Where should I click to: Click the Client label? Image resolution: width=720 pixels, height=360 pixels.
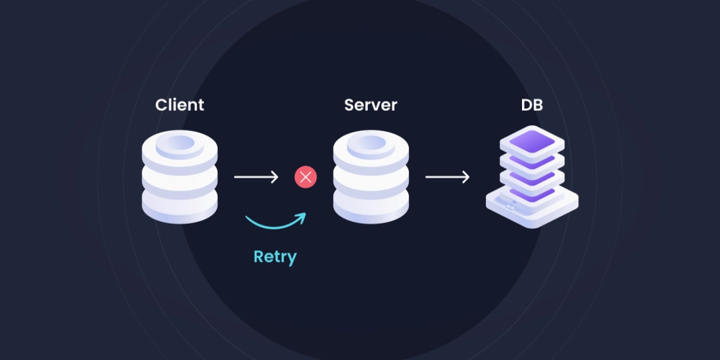(x=179, y=104)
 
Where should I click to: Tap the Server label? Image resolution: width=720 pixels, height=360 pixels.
(x=371, y=104)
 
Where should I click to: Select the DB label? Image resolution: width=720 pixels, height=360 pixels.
(x=532, y=104)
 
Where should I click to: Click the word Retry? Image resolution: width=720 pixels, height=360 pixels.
(x=275, y=257)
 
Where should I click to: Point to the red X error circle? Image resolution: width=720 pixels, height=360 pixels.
(x=305, y=177)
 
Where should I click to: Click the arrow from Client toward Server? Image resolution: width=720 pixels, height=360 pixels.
(x=256, y=177)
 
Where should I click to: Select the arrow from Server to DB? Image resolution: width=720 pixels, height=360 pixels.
(x=447, y=177)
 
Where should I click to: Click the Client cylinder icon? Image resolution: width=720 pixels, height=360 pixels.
(x=179, y=177)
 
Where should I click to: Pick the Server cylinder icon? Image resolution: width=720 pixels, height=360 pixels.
(x=371, y=177)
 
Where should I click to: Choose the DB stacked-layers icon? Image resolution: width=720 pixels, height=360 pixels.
(x=532, y=177)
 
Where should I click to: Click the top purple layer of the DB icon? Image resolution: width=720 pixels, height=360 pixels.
(x=532, y=141)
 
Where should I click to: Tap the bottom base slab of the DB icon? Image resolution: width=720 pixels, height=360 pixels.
(x=532, y=207)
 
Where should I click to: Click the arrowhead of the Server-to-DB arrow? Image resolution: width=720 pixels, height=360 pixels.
(x=466, y=177)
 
